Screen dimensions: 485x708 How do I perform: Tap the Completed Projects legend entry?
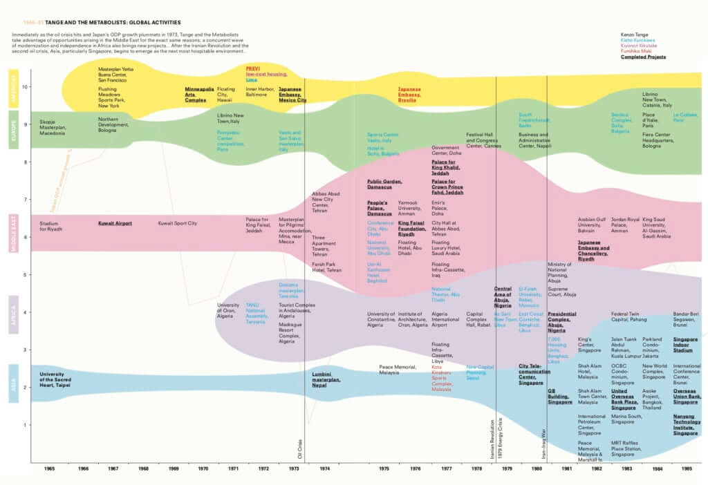pos(643,57)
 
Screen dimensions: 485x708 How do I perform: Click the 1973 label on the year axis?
pos(294,468)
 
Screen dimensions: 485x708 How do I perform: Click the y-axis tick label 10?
pos(25,87)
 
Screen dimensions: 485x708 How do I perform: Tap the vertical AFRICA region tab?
pos(15,313)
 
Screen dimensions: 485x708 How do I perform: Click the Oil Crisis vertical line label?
pos(300,448)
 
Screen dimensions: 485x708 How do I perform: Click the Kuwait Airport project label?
pos(115,223)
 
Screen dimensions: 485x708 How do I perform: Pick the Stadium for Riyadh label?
pos(50,226)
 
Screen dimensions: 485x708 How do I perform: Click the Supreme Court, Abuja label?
pos(561,291)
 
